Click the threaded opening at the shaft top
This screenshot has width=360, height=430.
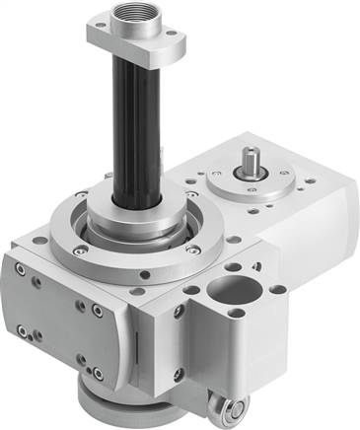click(130, 16)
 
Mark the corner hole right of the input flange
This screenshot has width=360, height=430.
click(312, 182)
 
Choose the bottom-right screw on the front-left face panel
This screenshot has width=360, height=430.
click(96, 374)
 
